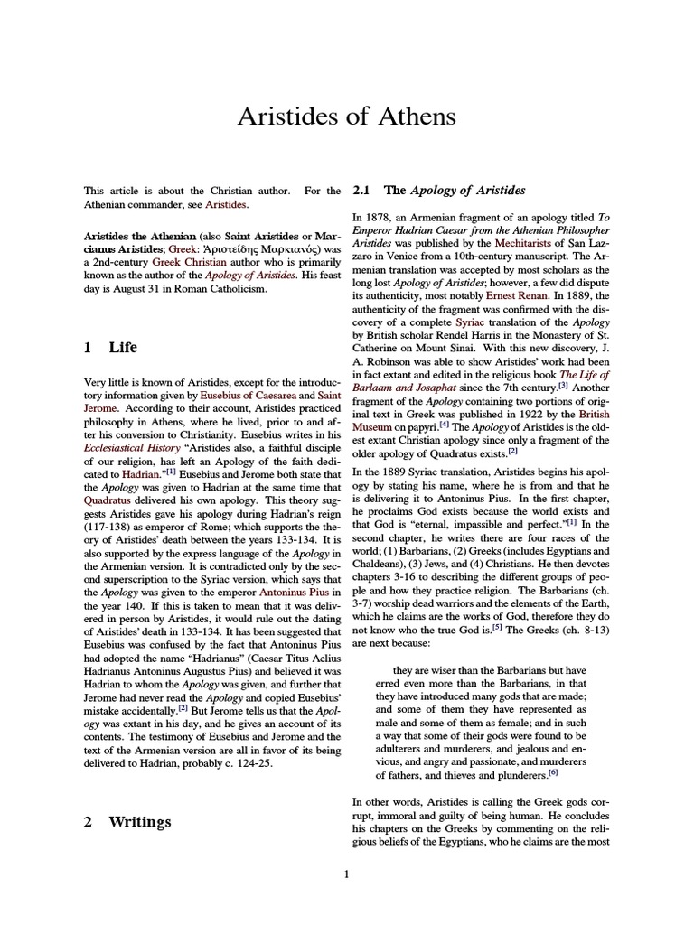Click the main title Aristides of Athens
(346, 117)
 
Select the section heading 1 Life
(110, 347)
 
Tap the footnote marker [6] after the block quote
(554, 773)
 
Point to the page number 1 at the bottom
(347, 874)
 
